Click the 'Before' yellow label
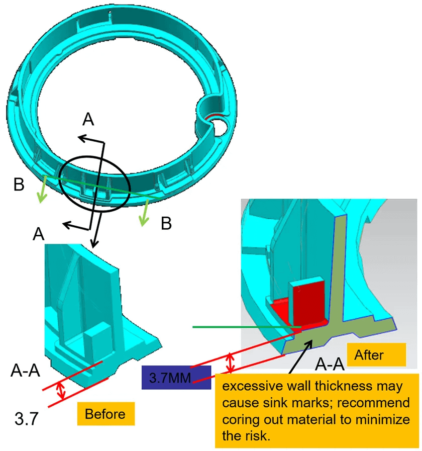coord(105,414)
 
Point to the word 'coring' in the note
coord(242,420)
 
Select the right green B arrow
coord(146,213)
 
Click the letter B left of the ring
coord(19,185)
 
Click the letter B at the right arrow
coord(166,223)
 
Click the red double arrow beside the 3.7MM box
coord(230,363)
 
